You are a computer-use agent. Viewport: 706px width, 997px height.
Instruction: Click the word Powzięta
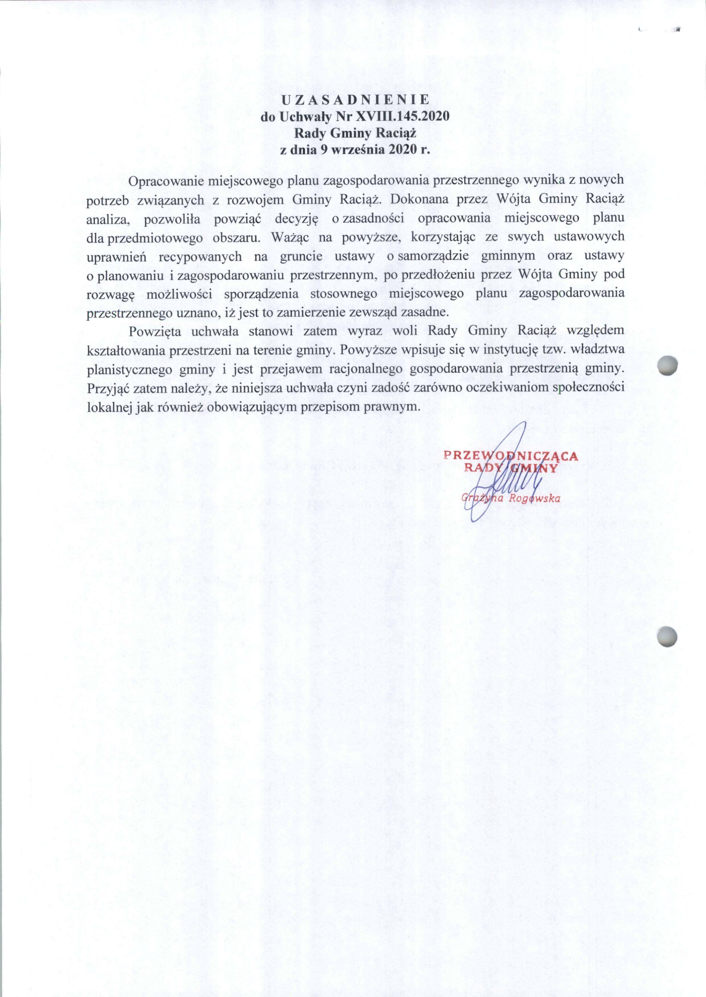[153, 331]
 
